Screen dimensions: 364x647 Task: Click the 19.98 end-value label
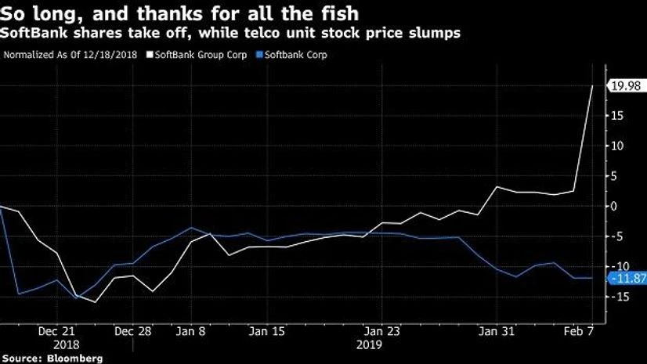pyautogui.click(x=627, y=86)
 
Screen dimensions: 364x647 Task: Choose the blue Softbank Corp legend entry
pyautogui.click(x=296, y=55)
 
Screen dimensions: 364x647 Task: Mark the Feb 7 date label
pyautogui.click(x=578, y=331)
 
